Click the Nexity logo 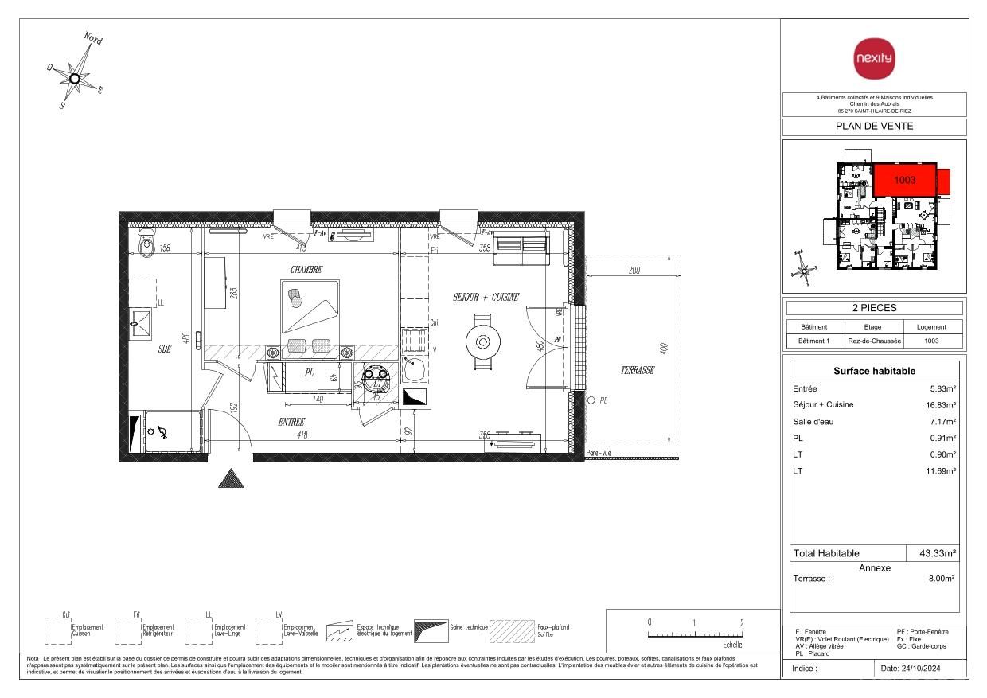point(873,58)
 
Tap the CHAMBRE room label point(306,270)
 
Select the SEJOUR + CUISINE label point(486,297)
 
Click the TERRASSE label point(638,371)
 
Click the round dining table point(483,342)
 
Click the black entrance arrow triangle point(231,478)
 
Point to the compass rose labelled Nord point(75,77)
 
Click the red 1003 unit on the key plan point(904,181)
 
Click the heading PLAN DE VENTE point(873,126)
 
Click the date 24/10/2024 point(923,669)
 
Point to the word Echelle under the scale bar point(731,645)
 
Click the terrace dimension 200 point(634,271)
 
